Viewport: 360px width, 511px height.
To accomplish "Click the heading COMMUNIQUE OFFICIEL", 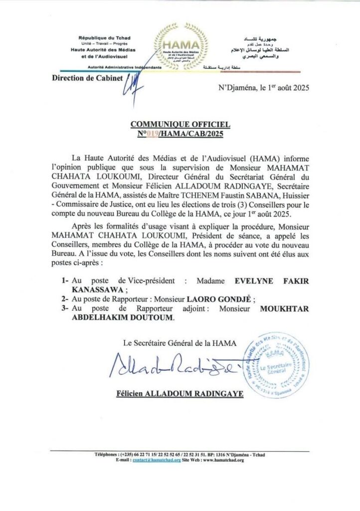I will coord(180,124).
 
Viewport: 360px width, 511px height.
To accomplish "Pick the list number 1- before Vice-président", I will coord(65,281).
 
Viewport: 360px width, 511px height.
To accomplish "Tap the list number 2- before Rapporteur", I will coord(65,299).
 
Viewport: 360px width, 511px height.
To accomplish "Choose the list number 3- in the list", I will coord(65,308).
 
